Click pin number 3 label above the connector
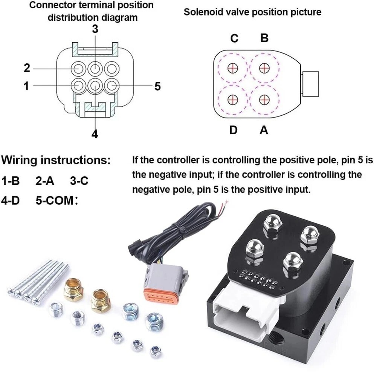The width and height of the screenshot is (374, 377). [95, 29]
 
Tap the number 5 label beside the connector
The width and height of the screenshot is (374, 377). [157, 86]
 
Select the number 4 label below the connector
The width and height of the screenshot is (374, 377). [95, 134]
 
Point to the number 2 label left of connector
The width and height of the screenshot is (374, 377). [27, 68]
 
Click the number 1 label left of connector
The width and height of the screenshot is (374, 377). [26, 86]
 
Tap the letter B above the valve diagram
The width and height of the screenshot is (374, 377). [264, 38]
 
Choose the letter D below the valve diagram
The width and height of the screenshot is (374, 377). [234, 130]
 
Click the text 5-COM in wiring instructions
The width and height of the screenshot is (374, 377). [54, 200]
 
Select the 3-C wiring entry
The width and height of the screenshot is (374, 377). [79, 181]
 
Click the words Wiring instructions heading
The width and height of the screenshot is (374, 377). [56, 160]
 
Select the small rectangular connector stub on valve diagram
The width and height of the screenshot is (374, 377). [311, 84]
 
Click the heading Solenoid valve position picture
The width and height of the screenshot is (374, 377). [252, 12]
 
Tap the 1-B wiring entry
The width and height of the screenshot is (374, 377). [11, 181]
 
